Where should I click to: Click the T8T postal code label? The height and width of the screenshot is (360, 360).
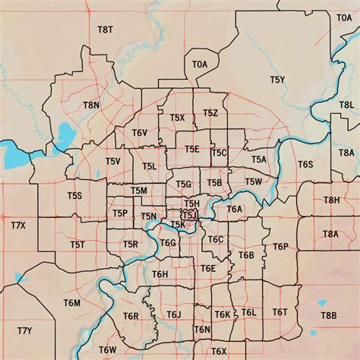pyautogui.click(x=105, y=30)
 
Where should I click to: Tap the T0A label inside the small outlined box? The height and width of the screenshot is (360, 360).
pyautogui.click(x=200, y=65)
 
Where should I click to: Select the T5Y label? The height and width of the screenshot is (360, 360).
pyautogui.click(x=277, y=79)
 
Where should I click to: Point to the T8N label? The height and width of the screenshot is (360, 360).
pyautogui.click(x=91, y=105)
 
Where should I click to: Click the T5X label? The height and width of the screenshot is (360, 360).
pyautogui.click(x=178, y=118)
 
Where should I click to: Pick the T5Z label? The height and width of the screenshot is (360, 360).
pyautogui.click(x=210, y=113)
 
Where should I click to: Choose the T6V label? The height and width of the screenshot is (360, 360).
pyautogui.click(x=140, y=133)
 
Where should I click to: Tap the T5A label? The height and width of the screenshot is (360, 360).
pyautogui.click(x=260, y=159)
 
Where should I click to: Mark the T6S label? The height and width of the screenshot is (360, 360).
pyautogui.click(x=305, y=164)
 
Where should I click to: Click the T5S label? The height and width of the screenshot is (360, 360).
pyautogui.click(x=74, y=196)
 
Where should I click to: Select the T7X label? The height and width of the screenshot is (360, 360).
pyautogui.click(x=18, y=226)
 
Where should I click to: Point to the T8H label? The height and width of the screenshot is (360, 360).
pyautogui.click(x=332, y=200)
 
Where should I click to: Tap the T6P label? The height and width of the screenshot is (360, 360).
pyautogui.click(x=281, y=247)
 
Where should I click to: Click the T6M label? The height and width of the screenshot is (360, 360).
pyautogui.click(x=72, y=303)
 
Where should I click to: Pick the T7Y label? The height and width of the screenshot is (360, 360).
pyautogui.click(x=24, y=330)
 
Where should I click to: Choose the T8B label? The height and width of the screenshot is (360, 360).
pyautogui.click(x=328, y=315)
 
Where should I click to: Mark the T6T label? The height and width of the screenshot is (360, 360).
pyautogui.click(x=280, y=312)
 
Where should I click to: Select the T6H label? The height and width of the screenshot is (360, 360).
pyautogui.click(x=160, y=274)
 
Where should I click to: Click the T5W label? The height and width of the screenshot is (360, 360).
pyautogui.click(x=254, y=182)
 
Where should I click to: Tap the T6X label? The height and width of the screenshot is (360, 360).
pyautogui.click(x=219, y=351)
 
